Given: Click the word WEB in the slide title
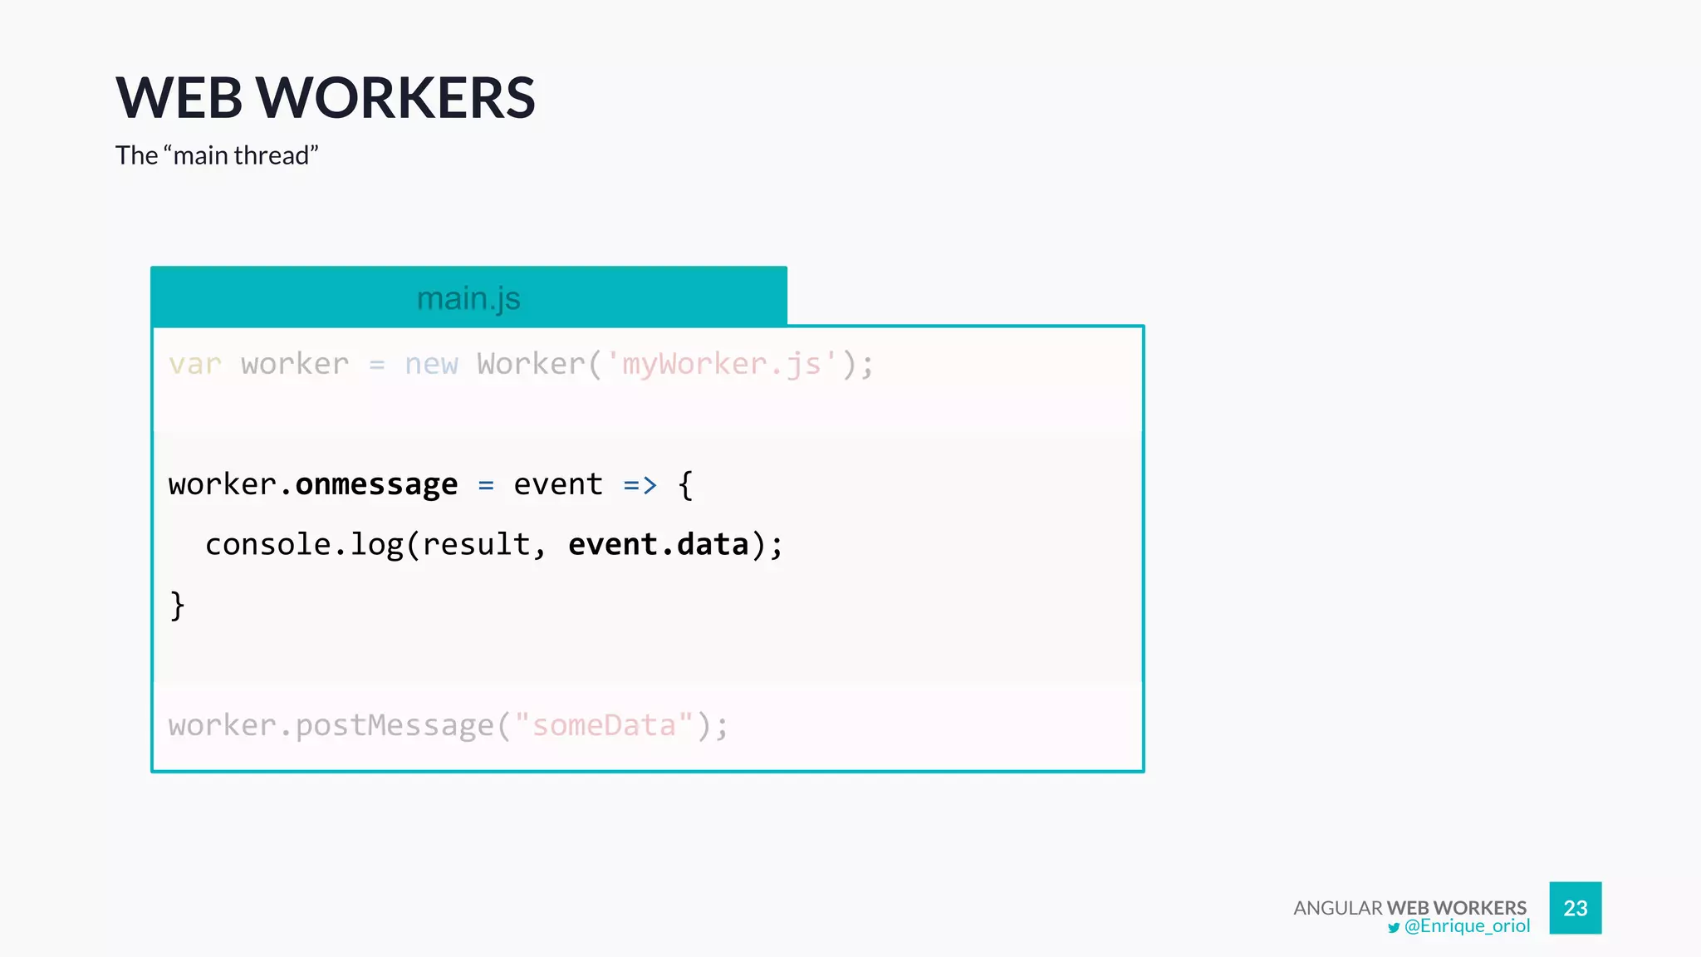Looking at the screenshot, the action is [x=179, y=98].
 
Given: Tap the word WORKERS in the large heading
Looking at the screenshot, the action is [x=395, y=98].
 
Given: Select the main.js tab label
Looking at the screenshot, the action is [x=468, y=298].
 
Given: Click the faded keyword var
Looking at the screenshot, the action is [x=195, y=364].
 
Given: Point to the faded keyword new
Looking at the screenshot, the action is [x=431, y=364].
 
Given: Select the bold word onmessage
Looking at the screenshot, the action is [x=376, y=484].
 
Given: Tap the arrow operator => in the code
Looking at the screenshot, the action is [x=640, y=484].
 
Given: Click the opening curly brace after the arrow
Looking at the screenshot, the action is [x=685, y=484].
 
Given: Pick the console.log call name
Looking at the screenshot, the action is [x=303, y=545].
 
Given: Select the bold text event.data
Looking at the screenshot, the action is [x=659, y=545].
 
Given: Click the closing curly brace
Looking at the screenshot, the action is [x=177, y=606].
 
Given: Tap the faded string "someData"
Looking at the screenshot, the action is [x=604, y=725].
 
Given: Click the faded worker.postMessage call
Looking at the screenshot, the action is [x=331, y=725].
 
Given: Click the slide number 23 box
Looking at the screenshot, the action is [x=1575, y=908].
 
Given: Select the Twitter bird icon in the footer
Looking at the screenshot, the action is [x=1394, y=928].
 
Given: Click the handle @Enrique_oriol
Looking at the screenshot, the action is [x=1467, y=926].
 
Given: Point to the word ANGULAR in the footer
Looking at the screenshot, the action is [x=1337, y=908].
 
